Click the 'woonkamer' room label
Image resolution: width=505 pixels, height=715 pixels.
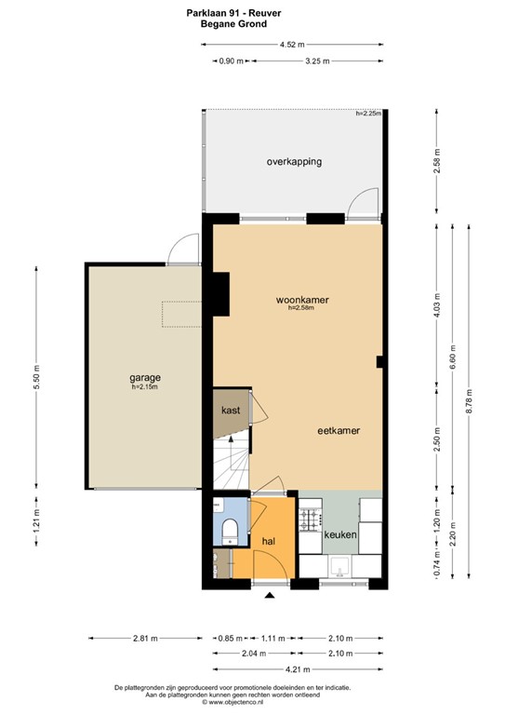302,300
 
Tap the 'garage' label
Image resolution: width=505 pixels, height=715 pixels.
145,378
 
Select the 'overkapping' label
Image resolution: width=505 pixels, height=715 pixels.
294,161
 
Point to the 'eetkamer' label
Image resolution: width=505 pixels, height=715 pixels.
339,430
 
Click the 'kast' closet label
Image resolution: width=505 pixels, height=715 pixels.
231,410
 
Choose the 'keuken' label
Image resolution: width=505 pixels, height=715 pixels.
340,534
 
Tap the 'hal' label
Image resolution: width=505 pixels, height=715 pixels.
269,541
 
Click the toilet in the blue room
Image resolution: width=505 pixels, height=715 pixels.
230,532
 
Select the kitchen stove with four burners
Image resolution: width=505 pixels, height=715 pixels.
310,520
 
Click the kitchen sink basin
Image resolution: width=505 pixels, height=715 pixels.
339,566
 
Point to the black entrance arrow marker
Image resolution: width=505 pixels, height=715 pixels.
270,595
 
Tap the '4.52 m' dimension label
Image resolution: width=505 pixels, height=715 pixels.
292,45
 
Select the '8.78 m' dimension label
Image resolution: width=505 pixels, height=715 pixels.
469,401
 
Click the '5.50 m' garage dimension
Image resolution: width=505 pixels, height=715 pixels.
37,377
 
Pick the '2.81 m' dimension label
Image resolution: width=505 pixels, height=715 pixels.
145,639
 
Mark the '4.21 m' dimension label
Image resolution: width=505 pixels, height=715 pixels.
298,669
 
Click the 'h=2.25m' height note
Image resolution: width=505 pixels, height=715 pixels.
368,114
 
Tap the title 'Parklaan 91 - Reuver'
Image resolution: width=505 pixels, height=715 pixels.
233,13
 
